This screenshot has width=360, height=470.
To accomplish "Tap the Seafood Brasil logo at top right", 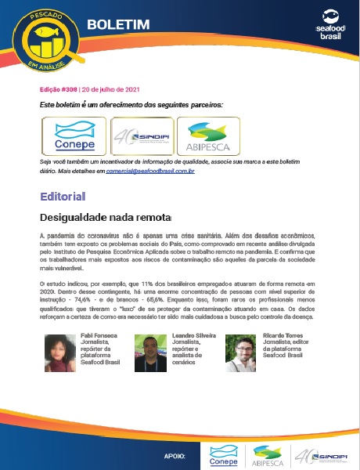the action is tap(326, 24).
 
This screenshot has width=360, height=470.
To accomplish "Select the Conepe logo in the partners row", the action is tap(74, 137).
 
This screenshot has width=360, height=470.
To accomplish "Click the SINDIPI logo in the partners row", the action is tap(142, 137).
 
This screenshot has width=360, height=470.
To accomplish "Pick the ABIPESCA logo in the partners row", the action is tap(208, 137).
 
